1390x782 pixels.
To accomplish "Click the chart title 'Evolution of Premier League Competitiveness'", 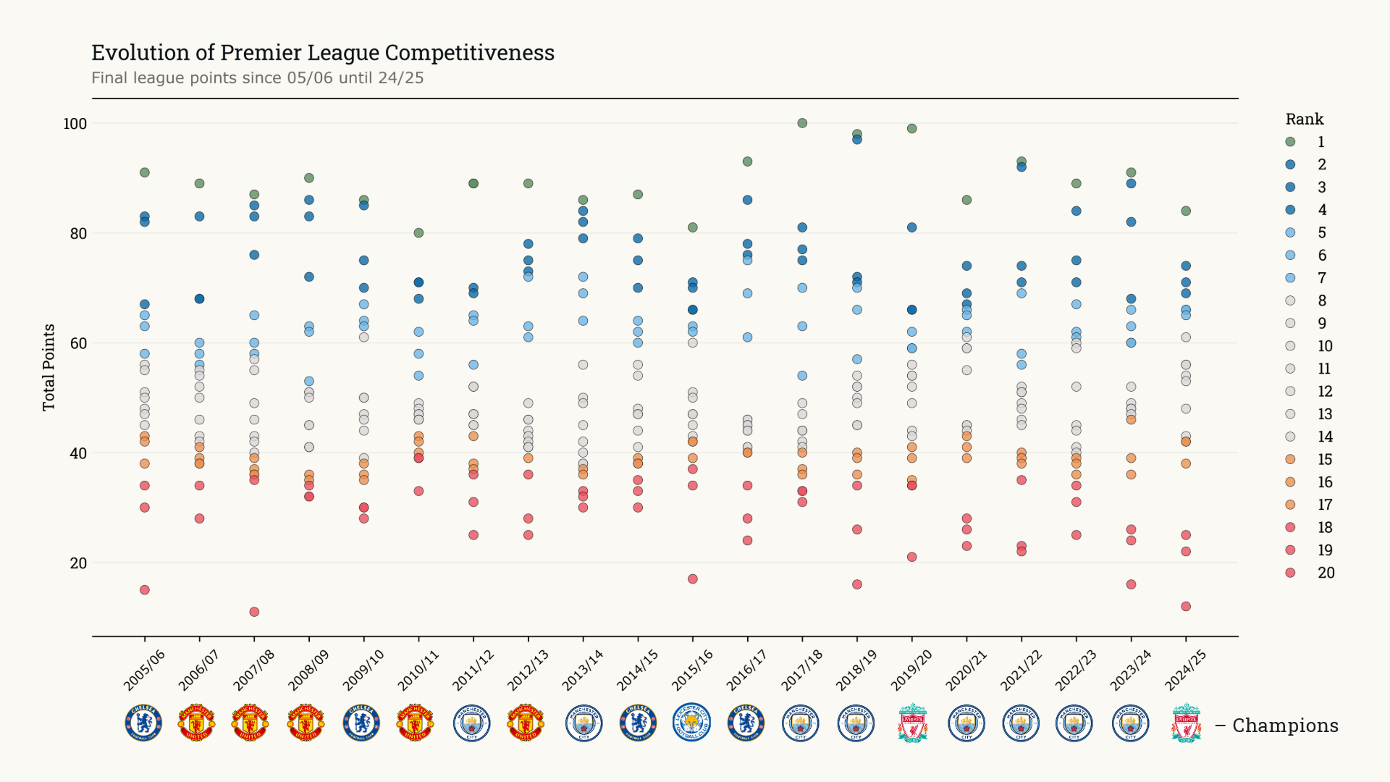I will [x=322, y=53].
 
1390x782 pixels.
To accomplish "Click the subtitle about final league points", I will [x=257, y=78].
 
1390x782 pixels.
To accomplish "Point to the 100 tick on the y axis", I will [x=75, y=124].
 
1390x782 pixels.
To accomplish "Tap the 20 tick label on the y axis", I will [x=78, y=563].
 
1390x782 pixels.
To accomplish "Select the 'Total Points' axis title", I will [x=49, y=367].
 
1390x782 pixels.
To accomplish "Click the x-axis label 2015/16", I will [x=692, y=670].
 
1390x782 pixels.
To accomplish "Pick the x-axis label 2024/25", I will [x=1185, y=670].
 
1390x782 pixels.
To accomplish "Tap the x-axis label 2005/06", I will [x=144, y=670].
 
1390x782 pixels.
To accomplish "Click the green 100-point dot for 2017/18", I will [x=802, y=123].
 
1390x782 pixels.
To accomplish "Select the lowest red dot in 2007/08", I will [x=254, y=612].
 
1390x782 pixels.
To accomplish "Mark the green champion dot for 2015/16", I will [x=692, y=227].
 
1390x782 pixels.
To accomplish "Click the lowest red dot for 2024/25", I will [x=1186, y=606].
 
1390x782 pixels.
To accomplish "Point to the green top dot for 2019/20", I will [x=911, y=129].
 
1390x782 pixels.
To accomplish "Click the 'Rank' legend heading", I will [x=1304, y=119].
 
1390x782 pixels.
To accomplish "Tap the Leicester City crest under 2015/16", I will [x=692, y=723].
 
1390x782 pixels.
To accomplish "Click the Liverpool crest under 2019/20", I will [x=912, y=723].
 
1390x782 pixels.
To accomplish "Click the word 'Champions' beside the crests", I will [x=1285, y=726].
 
